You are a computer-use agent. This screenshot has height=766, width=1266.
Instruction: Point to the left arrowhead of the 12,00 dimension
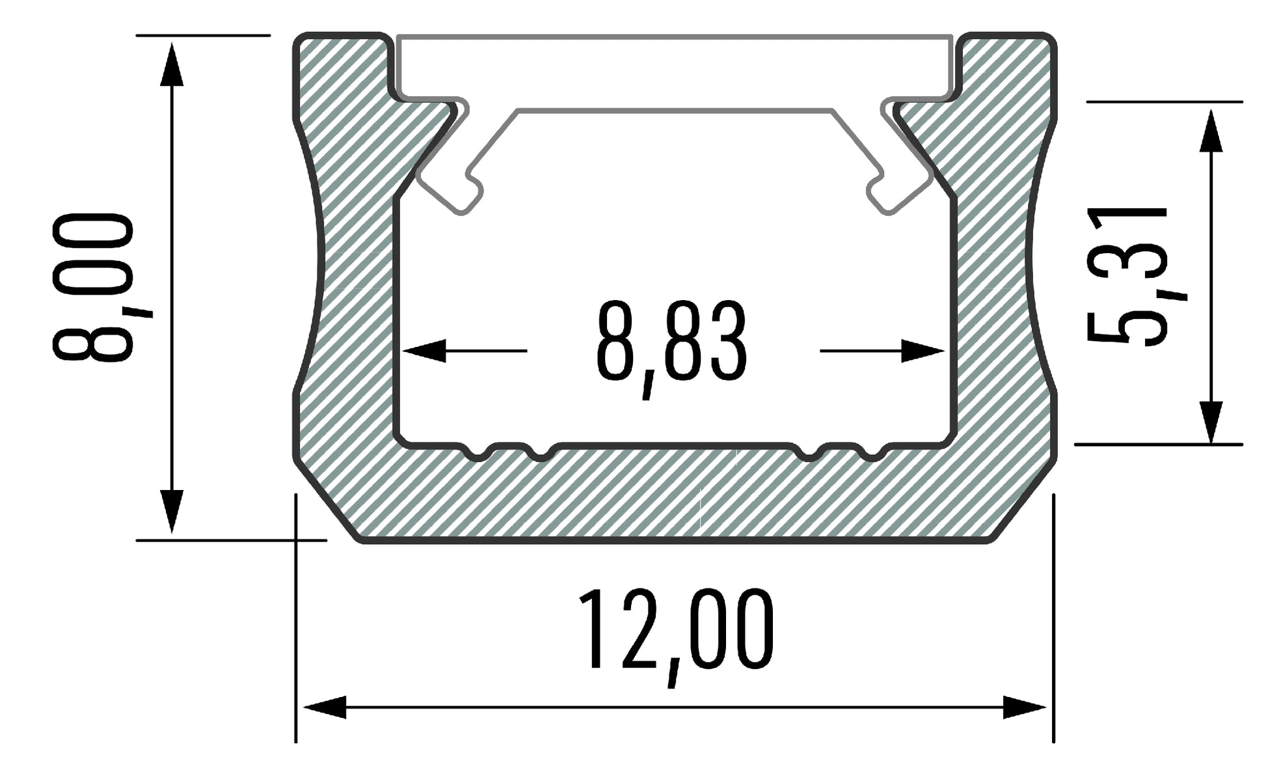[x=325, y=707]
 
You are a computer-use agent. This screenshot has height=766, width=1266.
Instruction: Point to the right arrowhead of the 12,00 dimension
[x=1024, y=707]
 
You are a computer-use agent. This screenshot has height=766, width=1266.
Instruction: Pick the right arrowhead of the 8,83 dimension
[x=923, y=351]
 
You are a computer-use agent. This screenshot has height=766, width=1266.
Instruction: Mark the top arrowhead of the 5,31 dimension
[x=1211, y=130]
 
